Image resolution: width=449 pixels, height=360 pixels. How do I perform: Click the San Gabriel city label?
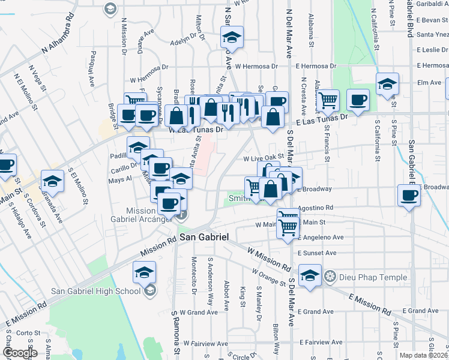click(204, 238)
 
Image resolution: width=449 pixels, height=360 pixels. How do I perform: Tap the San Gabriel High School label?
click(96, 292)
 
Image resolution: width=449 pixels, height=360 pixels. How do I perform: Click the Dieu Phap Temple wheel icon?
click(330, 277)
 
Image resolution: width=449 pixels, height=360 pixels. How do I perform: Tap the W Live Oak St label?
click(262, 158)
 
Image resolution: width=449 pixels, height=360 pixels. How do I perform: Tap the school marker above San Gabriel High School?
click(145, 274)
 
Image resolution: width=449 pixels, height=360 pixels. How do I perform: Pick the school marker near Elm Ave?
click(388, 85)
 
